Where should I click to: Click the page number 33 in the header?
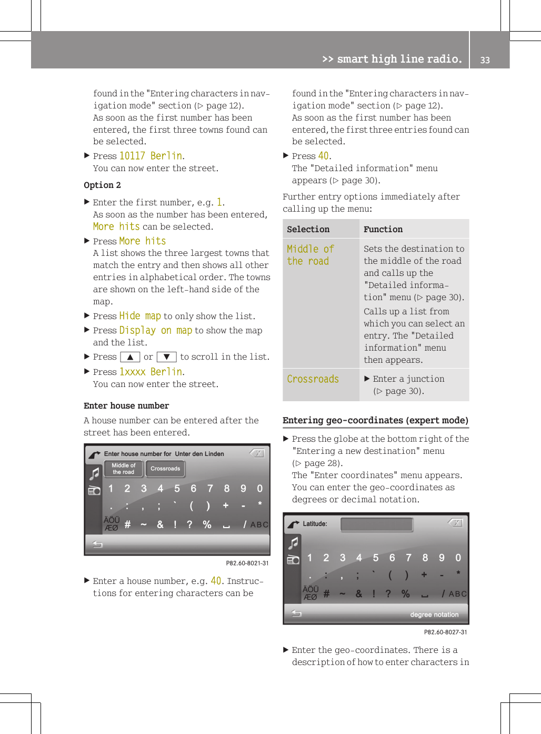485,60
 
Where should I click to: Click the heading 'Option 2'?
102,185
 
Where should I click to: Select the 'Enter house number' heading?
126,406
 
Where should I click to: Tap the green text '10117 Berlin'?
151,156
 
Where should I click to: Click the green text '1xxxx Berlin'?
151,372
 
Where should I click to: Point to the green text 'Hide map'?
140,316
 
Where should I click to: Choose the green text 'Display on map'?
156,331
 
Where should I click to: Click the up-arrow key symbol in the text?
130,357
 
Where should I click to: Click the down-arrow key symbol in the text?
166,357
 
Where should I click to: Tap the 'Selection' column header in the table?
308,230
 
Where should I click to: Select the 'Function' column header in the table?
383,230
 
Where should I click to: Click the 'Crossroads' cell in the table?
313,379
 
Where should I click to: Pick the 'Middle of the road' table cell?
310,255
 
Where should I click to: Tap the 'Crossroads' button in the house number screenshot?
165,469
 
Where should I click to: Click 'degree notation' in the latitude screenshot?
434,614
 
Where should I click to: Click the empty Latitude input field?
376,524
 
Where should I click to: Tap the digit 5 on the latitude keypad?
376,558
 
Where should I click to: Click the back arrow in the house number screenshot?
98,544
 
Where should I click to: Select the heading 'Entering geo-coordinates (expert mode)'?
375,420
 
